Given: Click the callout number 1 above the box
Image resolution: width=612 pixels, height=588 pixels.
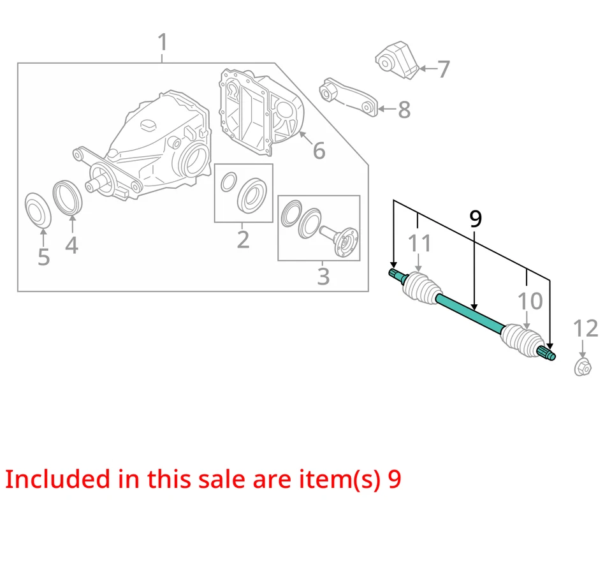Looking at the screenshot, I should point(163,43).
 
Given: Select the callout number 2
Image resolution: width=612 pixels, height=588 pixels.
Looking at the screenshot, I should point(243,240).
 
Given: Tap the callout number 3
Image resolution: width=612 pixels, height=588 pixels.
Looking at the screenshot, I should point(323,277).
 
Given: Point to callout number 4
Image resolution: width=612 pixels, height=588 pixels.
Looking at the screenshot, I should point(71,244).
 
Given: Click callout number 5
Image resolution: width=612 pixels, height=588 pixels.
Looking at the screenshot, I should point(43,256).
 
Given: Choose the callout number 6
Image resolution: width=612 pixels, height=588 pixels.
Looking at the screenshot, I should point(319,151).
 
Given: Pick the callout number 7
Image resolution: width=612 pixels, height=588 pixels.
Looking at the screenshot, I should point(444,68).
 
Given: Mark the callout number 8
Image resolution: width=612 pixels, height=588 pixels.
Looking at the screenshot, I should point(404,110).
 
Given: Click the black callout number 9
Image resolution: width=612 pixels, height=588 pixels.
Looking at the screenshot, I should point(476,219).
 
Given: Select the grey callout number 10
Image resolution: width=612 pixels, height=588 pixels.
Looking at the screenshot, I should point(530,301).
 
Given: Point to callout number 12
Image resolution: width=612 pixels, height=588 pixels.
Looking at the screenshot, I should point(585,328).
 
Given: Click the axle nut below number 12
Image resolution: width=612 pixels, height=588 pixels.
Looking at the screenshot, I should point(582,367).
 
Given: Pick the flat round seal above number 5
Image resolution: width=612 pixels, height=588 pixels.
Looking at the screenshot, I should point(38,209).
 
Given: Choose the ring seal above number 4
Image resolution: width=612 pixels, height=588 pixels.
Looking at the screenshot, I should point(66,198).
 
